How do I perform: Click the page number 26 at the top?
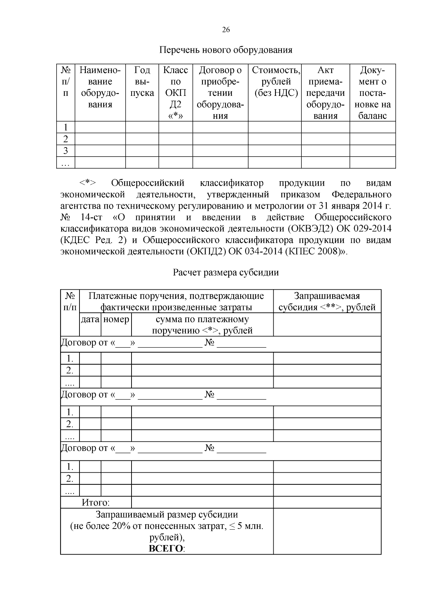(x=226, y=30)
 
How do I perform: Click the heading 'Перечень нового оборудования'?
(x=226, y=50)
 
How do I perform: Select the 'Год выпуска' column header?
(x=142, y=81)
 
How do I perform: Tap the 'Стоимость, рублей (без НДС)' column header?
(x=276, y=81)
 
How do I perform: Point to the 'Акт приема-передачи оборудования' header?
(x=325, y=93)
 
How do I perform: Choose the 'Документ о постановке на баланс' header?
(x=372, y=93)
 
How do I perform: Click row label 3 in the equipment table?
(x=65, y=151)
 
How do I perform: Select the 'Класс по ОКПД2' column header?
(x=175, y=93)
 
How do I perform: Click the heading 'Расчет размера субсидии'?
(x=226, y=273)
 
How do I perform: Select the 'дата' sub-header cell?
(x=90, y=319)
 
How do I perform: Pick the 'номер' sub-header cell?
(x=116, y=319)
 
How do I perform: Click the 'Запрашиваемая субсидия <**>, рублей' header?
(x=327, y=301)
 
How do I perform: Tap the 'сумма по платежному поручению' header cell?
(x=202, y=325)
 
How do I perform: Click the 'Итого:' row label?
(x=96, y=502)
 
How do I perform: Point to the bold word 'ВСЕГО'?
(x=166, y=549)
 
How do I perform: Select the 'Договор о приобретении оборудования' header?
(x=220, y=93)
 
